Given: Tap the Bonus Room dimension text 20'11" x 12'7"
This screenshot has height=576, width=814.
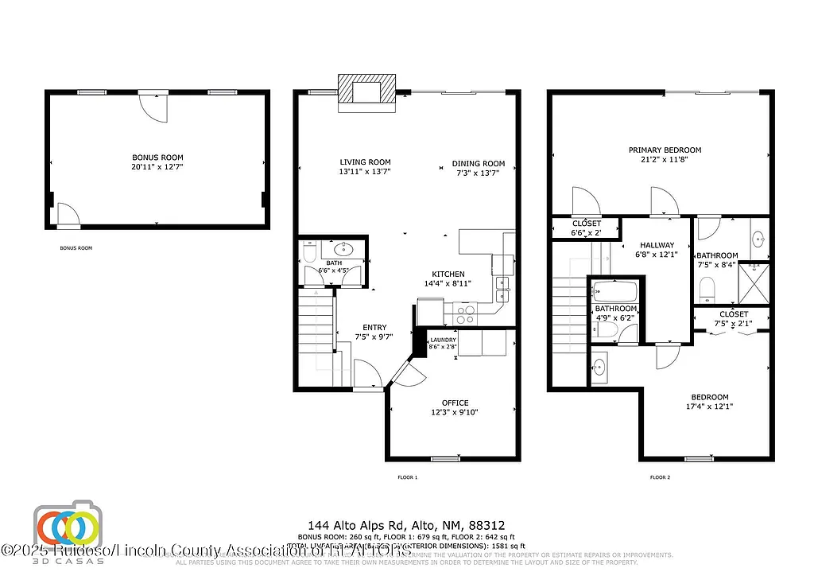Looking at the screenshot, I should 157,167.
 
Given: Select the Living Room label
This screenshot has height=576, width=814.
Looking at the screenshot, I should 366,162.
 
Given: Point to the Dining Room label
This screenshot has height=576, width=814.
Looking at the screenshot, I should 479,164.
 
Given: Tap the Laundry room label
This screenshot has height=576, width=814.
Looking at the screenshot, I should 444,341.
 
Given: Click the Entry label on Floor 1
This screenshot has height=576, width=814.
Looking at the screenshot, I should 374,327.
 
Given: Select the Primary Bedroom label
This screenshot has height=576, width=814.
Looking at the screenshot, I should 665,150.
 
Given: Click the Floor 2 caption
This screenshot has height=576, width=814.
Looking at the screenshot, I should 660,477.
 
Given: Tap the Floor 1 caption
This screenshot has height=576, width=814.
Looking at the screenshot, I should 407,477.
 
